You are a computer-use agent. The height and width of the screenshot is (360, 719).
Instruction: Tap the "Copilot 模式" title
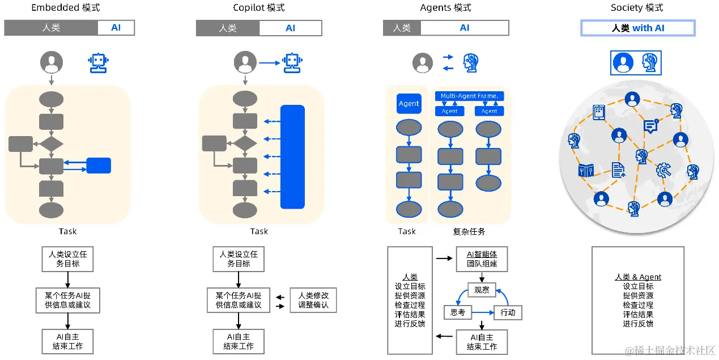point(259,8)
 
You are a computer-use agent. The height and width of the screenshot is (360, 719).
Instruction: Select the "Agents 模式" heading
point(446,8)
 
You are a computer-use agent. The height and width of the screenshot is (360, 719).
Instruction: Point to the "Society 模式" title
point(637,8)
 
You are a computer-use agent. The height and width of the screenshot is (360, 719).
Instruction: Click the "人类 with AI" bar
point(638,28)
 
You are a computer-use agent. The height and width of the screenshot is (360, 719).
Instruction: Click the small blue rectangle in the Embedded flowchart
point(99,166)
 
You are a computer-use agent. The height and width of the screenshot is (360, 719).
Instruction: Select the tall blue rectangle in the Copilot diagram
point(292,156)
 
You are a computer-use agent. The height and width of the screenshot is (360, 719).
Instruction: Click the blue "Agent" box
point(409,104)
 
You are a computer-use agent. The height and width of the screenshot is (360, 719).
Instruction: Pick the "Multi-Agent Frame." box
point(469,96)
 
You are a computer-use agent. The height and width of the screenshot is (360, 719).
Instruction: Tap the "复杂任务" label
point(469,231)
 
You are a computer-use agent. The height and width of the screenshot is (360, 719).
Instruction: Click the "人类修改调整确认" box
point(313,300)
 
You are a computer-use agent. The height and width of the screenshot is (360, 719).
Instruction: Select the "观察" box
point(482,291)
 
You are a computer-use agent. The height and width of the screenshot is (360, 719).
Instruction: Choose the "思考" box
point(457,312)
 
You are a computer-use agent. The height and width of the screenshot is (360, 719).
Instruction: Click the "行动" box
point(508,312)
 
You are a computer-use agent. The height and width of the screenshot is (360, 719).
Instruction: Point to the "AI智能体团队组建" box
point(482,259)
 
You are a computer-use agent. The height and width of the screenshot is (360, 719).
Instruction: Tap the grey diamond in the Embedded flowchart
point(51,143)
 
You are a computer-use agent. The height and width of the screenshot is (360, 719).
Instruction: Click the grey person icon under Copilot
point(245,62)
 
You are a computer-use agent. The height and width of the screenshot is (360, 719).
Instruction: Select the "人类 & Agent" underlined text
point(638,277)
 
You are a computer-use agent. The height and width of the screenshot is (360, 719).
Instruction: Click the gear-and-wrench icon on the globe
point(663,170)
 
